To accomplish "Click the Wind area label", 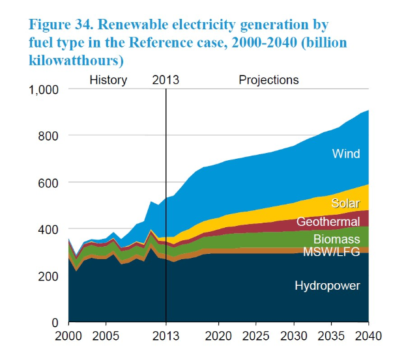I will pos(346,154).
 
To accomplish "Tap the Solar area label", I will pos(345,203).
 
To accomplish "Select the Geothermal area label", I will pos(328,222).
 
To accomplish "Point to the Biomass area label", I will pos(336,239).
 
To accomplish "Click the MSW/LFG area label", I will pos(332,252).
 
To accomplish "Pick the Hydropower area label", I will pos(327,285).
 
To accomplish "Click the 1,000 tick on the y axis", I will pos(44,89).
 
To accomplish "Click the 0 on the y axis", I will pos(56,323).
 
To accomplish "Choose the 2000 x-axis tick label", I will pos(69,339).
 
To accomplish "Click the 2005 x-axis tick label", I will pos(106,339).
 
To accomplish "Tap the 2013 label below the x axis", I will pos(166,339).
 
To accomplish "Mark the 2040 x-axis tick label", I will pos(368,339).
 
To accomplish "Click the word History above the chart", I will pos(108,80).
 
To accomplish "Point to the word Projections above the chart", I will pos(268,80).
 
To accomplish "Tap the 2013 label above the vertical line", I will pos(166,80).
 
